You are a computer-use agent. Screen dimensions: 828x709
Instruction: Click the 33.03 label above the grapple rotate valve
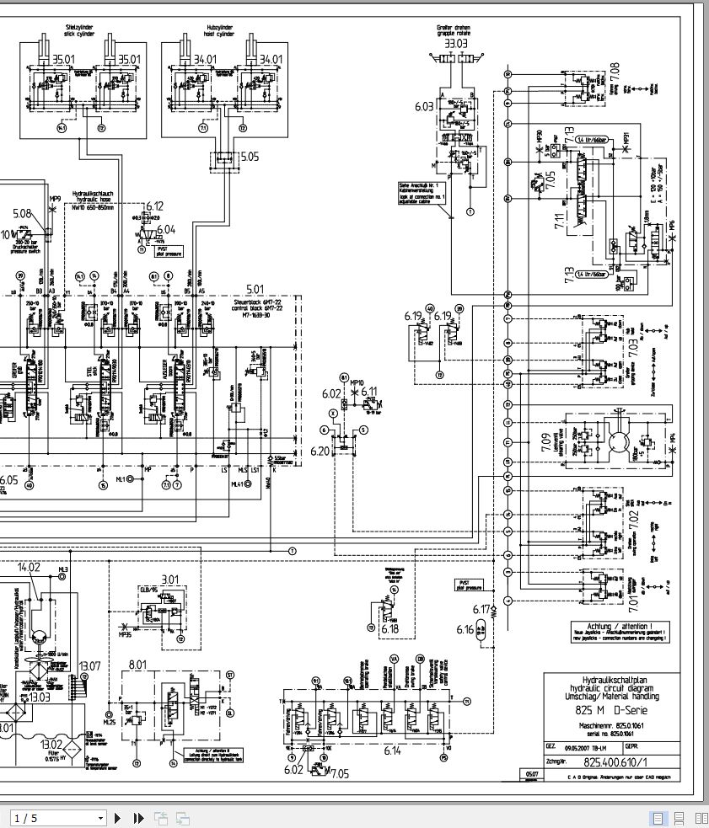[x=456, y=43]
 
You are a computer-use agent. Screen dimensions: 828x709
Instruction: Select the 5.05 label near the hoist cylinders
[x=251, y=156]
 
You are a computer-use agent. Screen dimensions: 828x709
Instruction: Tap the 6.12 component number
[x=154, y=206]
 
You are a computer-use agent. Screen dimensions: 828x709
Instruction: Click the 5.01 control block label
[x=255, y=289]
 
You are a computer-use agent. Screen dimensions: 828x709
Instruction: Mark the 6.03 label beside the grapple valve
[x=424, y=106]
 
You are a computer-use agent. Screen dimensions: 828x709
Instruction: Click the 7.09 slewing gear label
[x=545, y=439]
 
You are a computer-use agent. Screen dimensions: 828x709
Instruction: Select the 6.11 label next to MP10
[x=369, y=392]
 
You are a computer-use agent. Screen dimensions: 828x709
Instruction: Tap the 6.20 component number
[x=320, y=451]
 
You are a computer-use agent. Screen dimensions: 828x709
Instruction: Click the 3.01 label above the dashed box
[x=171, y=579]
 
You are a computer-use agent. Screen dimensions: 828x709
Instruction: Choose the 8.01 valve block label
[x=137, y=665]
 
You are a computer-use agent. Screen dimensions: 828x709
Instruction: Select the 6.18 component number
[x=390, y=628]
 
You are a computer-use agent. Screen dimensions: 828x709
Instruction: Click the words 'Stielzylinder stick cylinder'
[x=82, y=31]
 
